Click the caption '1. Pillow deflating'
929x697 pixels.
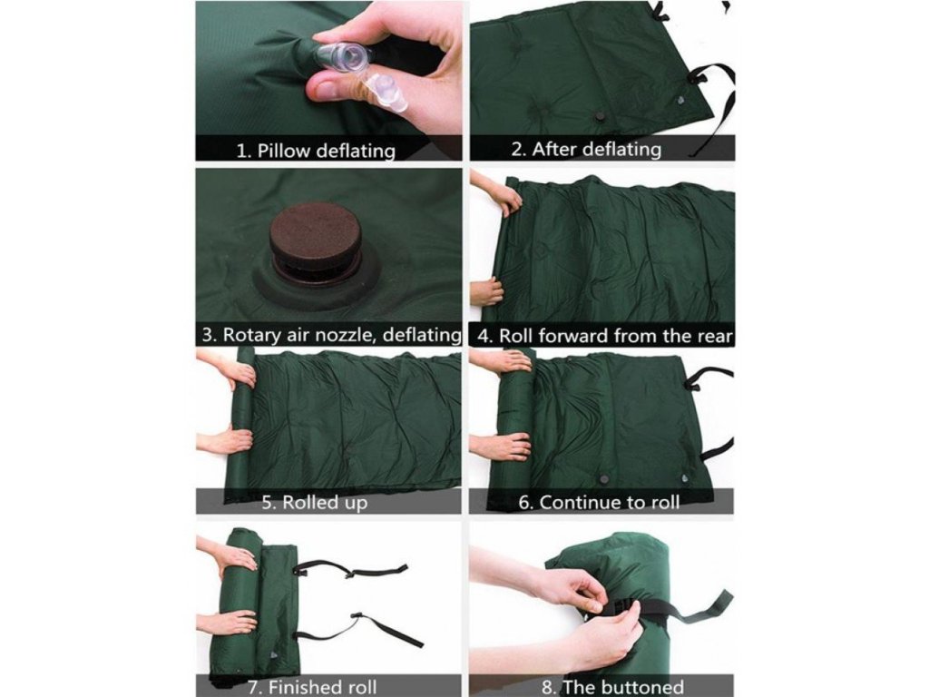coord(316,150)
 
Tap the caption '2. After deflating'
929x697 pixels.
coord(586,149)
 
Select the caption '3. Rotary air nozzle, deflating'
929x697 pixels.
coord(331,335)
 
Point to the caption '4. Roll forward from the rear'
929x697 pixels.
coord(604,336)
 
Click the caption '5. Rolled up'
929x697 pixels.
coord(315,503)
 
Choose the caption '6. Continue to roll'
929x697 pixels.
coord(599,503)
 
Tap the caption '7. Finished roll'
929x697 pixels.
coord(312,687)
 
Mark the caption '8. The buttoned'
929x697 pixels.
coord(612,687)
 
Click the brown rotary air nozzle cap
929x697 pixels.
coord(316,236)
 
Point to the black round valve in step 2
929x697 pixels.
coord(601,117)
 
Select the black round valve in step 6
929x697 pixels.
coord(605,479)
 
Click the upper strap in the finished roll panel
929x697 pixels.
coord(349,569)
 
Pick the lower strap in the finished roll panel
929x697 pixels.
coord(361,630)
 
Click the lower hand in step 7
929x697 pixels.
coord(226,623)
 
